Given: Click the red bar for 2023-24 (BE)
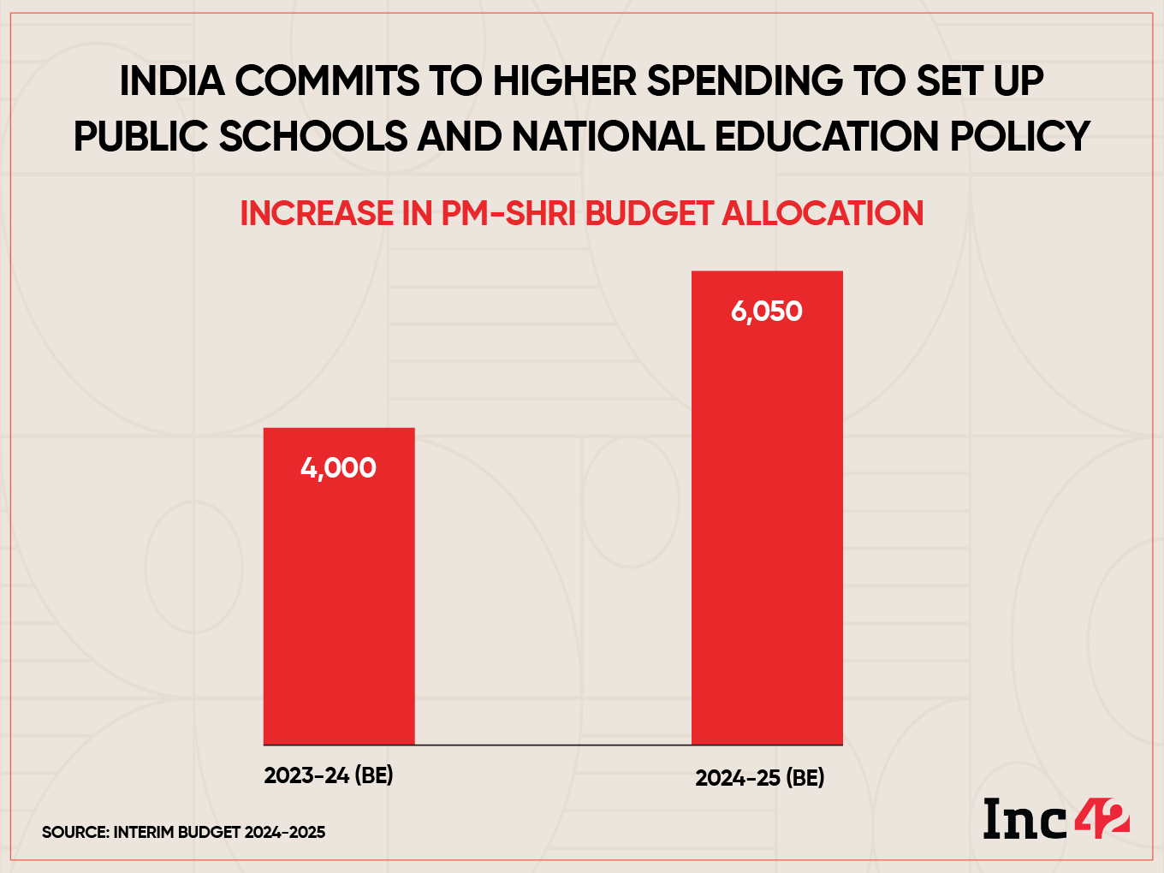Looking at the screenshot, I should tap(339, 599).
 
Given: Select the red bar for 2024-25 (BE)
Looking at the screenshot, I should tap(767, 531).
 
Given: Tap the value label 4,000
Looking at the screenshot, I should tap(339, 468).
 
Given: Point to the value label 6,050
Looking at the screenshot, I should tap(767, 312).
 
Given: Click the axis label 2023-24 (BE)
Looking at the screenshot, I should tap(329, 775).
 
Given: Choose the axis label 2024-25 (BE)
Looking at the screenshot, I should tap(760, 778).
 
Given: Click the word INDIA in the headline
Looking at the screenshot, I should tap(171, 82).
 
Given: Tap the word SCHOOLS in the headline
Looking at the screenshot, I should tap(313, 137).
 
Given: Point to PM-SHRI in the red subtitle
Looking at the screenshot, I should tap(509, 214).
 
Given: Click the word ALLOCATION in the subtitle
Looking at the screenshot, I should tap(823, 214).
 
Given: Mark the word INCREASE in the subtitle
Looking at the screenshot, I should tap(317, 214).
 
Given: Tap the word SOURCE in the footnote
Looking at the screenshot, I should tap(74, 833).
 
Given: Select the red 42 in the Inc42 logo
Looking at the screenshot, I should tap(1101, 819).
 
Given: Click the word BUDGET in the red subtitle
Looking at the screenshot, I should tap(649, 214).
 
